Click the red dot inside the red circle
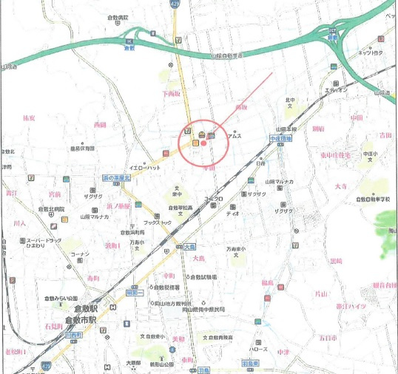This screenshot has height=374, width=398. [x=203, y=144]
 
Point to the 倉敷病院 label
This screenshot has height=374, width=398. [x=117, y=16]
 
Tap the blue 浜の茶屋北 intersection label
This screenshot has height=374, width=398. [x=116, y=179]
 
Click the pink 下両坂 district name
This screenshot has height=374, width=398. [x=171, y=94]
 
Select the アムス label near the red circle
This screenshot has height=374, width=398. [x=236, y=136]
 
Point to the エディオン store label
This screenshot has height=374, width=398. [x=335, y=89]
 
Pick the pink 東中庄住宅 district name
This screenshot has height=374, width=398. [x=338, y=154]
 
